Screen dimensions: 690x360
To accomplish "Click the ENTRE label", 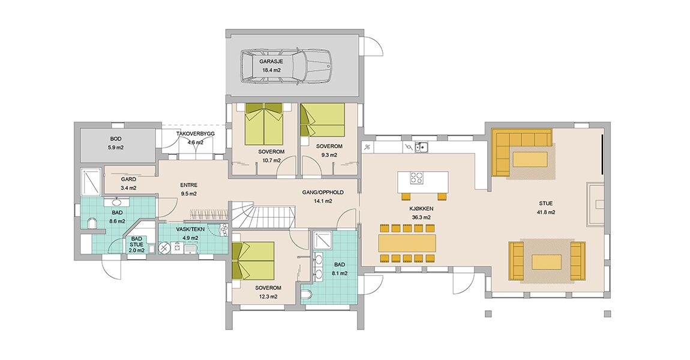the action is point(188,185).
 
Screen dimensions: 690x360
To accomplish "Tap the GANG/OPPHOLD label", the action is point(323,193).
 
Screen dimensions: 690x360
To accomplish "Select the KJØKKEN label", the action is point(420,209).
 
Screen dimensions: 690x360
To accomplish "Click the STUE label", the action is point(545,204).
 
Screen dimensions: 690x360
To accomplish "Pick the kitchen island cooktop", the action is point(416,178).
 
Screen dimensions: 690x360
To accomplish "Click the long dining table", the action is point(407,243).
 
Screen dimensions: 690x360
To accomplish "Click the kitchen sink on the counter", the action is point(421,147).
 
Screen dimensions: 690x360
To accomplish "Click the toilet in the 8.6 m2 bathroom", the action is point(91,224).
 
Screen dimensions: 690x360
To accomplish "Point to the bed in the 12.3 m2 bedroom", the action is point(253,260).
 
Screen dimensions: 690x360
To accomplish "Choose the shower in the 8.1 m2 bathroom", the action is point(319,240).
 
